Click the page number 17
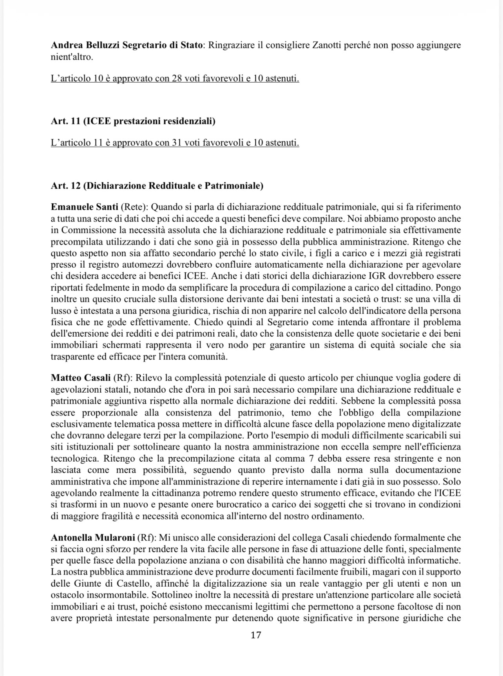point(255,635)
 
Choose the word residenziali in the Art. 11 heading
point(188,121)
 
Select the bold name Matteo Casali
point(81,378)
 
